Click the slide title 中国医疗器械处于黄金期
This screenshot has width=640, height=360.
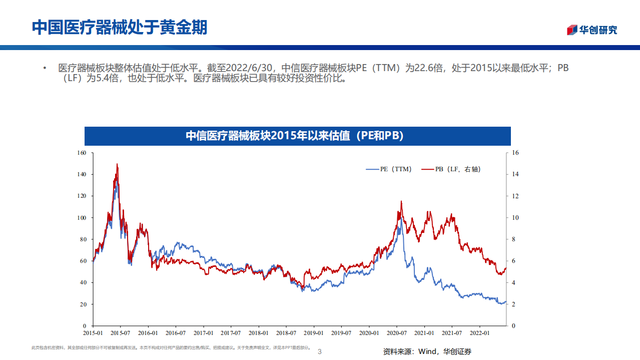[119, 28]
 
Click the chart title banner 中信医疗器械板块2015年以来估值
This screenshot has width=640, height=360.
[297, 136]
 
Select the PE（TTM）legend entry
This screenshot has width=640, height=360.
[389, 169]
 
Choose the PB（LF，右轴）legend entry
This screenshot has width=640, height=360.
[451, 169]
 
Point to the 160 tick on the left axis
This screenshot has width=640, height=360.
[82, 153]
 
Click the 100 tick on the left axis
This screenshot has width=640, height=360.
[82, 218]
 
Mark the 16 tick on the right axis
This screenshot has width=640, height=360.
[515, 153]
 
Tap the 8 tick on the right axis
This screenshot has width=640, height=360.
[514, 239]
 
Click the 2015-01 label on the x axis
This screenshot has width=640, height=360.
[93, 333]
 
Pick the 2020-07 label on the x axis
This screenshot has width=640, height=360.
[396, 333]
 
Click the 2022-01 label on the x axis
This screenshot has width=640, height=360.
[479, 333]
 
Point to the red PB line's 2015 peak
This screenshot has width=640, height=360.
[117, 164]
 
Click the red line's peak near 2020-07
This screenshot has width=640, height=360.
[401, 202]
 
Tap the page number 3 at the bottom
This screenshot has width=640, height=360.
[320, 352]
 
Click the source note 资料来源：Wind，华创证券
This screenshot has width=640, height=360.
[427, 352]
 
